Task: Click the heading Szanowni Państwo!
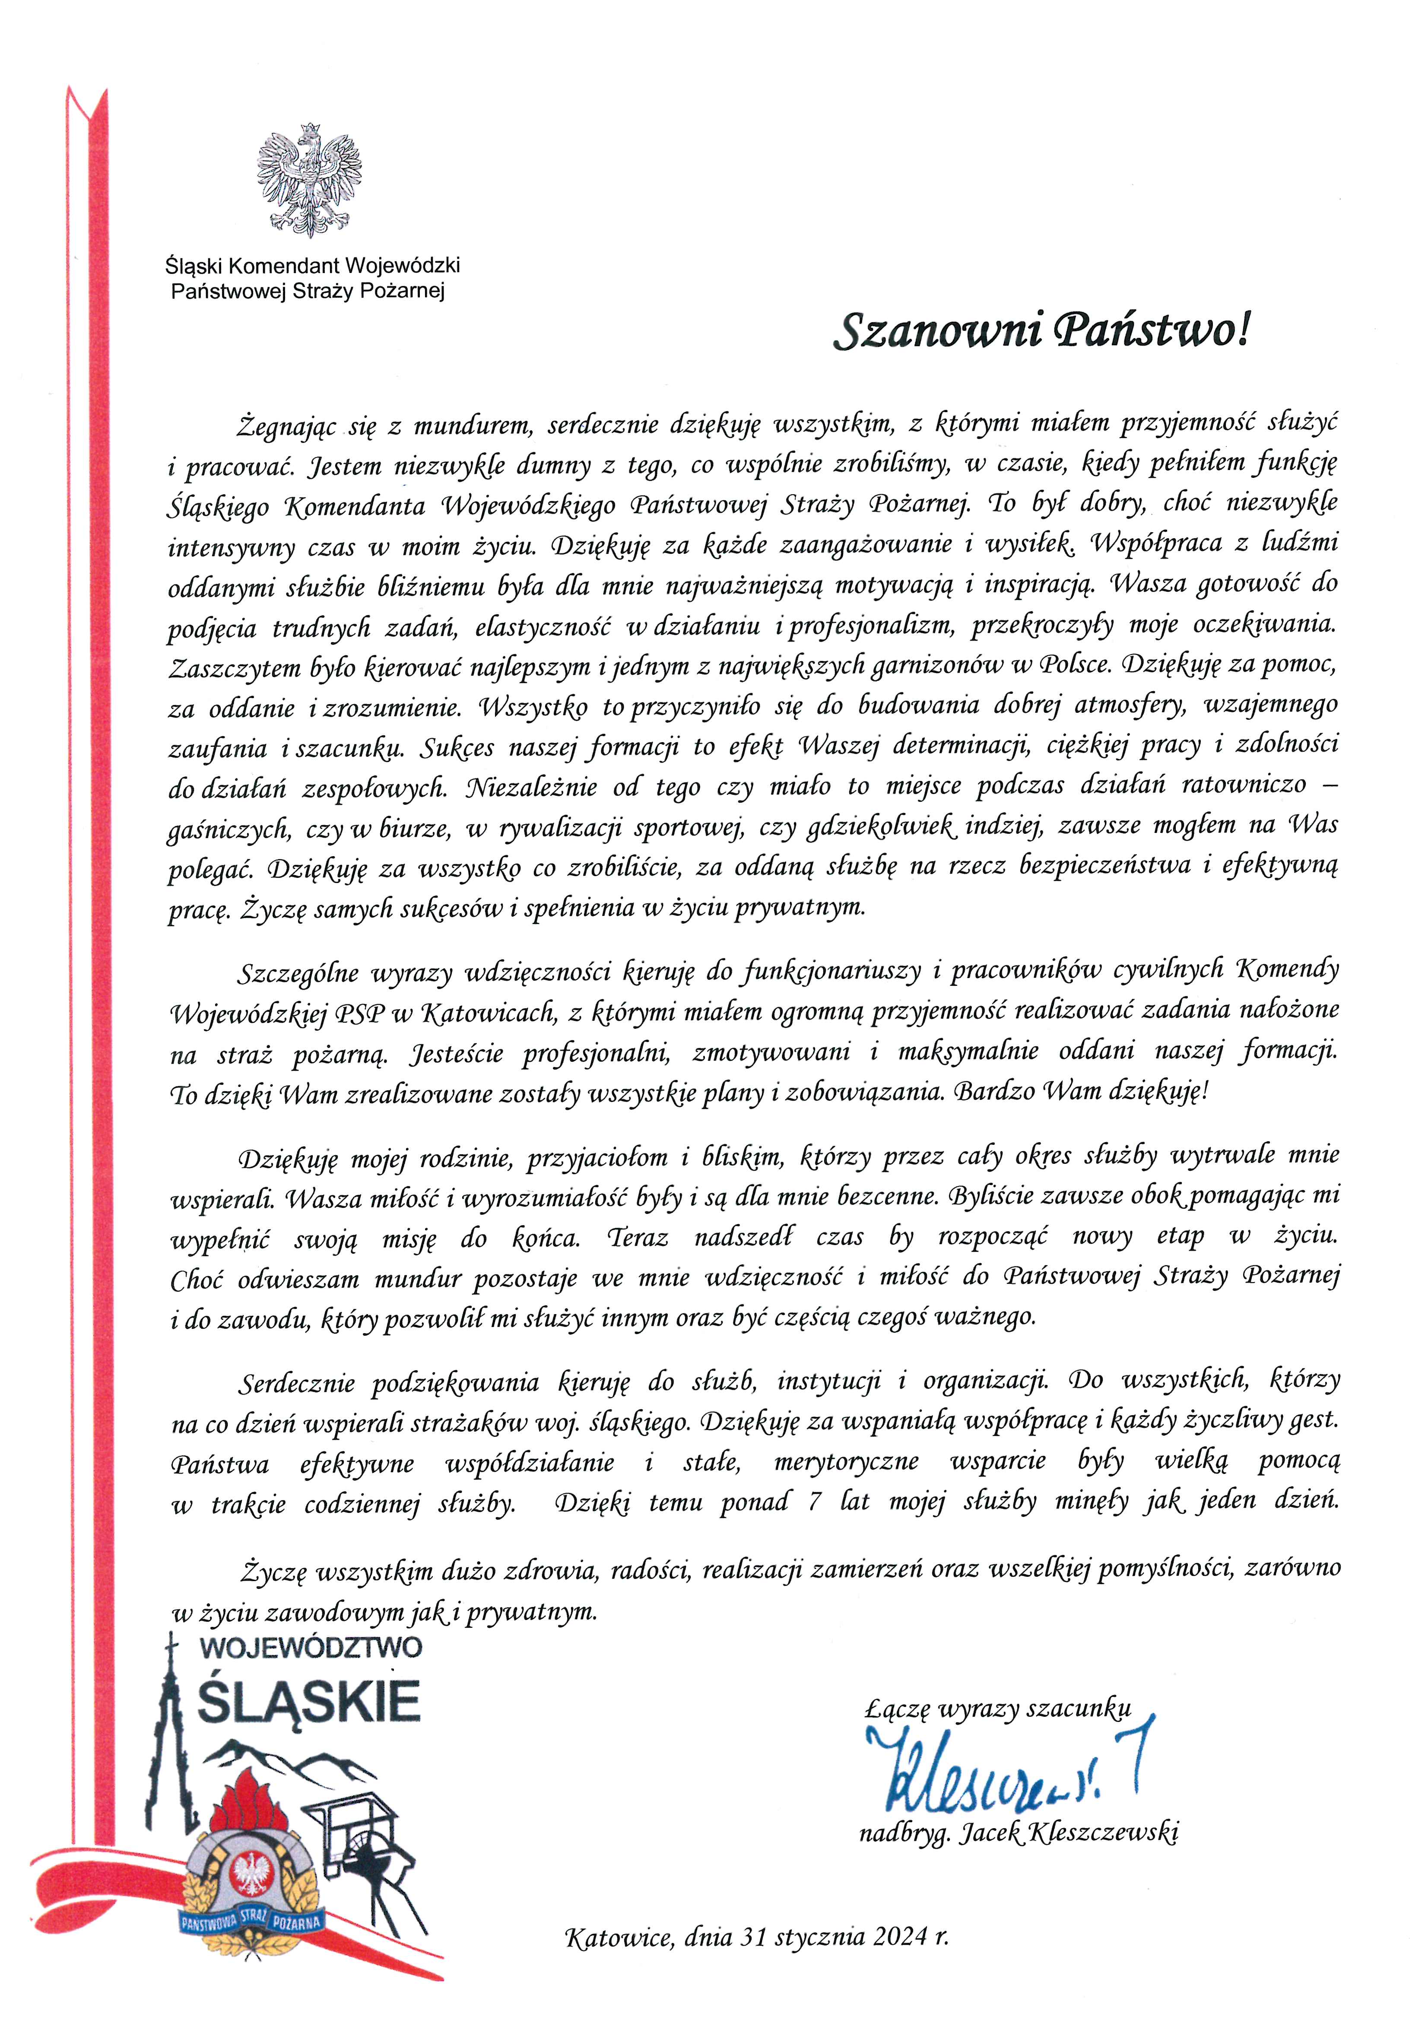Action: [1041, 331]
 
